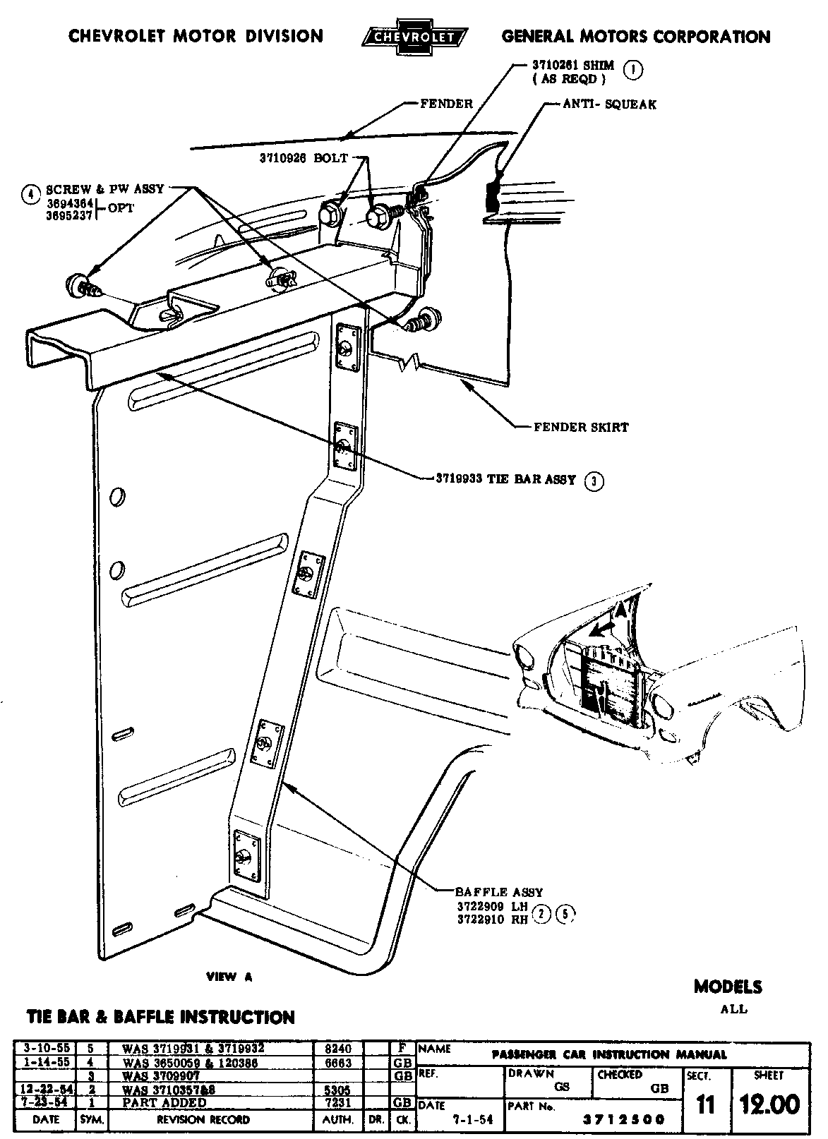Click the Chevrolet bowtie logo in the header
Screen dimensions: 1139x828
point(413,36)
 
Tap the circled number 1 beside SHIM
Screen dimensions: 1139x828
point(635,70)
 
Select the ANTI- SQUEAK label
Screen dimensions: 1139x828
point(609,104)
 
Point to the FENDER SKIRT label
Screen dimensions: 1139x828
point(580,427)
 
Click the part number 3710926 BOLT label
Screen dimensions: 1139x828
point(305,158)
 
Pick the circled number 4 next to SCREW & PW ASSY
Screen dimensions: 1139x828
point(30,193)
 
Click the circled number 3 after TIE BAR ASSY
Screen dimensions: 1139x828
point(595,481)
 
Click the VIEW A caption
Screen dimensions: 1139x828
point(229,977)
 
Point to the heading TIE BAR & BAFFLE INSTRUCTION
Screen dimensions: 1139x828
point(160,1017)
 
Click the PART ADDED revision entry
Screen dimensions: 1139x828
point(164,1102)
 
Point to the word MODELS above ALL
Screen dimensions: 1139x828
point(728,987)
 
